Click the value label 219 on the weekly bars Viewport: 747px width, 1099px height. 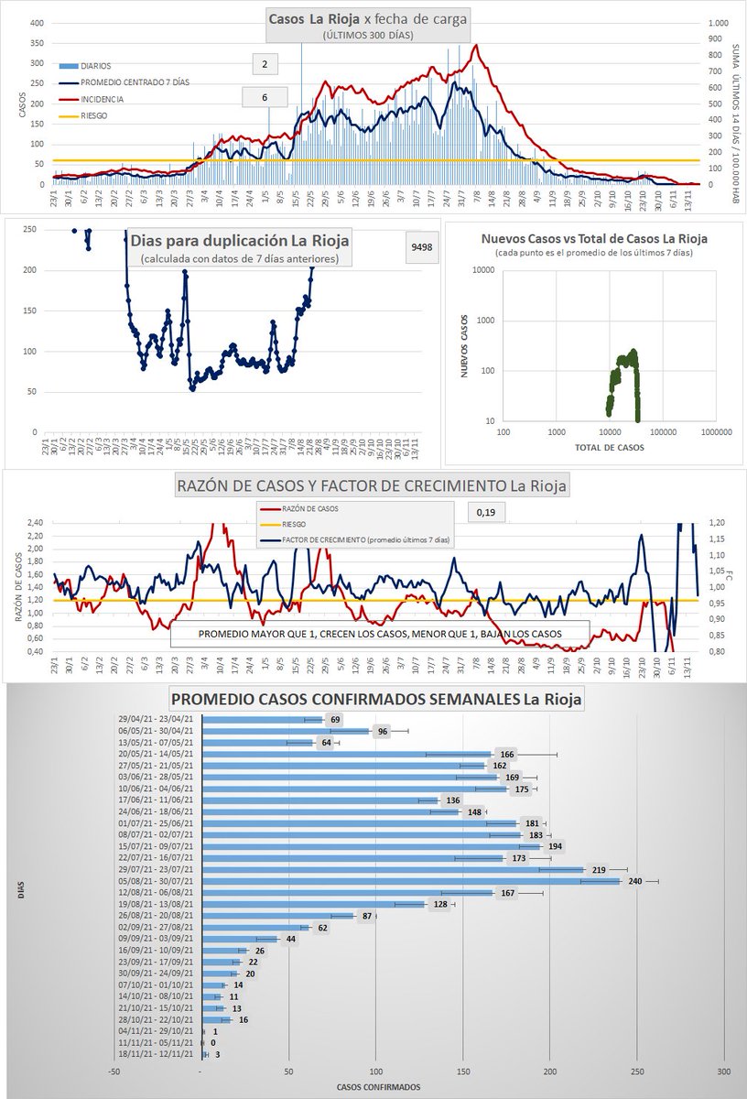click(595, 869)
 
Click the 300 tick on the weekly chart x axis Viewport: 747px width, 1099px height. click(724, 1070)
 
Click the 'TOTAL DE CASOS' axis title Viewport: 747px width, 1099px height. click(609, 448)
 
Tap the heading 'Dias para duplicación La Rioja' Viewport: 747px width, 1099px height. click(240, 242)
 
